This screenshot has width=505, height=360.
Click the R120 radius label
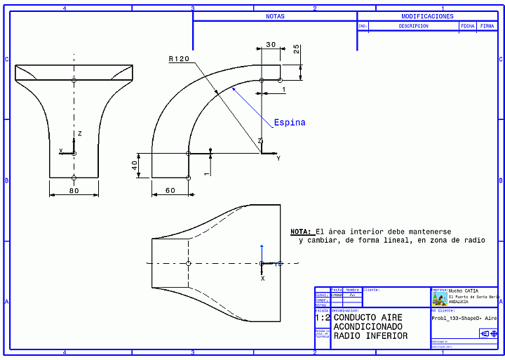click(179, 60)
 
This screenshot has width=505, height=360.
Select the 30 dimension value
click(271, 45)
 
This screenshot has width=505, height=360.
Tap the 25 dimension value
click(297, 49)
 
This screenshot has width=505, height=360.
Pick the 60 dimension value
click(170, 191)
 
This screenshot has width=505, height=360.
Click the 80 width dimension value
click(74, 191)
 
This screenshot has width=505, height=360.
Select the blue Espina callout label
click(290, 123)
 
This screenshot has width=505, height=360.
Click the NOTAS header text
click(275, 16)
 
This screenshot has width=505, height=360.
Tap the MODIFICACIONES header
click(427, 16)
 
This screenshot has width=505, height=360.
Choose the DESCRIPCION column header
click(413, 26)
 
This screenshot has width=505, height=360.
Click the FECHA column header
click(467, 26)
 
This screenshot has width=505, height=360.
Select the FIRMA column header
click(487, 26)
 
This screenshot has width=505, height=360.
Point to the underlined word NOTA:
click(301, 231)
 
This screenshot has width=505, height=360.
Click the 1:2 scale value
click(322, 317)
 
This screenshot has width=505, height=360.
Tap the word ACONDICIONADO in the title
click(370, 326)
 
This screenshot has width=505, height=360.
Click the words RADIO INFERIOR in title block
click(370, 335)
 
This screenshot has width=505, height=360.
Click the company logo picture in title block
click(439, 298)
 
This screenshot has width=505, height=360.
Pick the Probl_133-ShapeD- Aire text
click(464, 318)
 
